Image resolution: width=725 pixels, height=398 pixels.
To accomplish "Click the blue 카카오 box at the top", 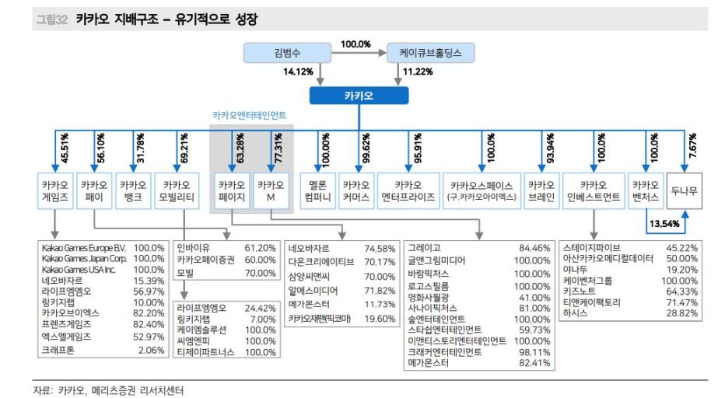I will coord(359,96).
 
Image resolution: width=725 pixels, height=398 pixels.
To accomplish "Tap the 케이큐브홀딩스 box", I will coord(431,53).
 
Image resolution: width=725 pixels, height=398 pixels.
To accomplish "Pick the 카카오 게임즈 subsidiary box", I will coord(54,190).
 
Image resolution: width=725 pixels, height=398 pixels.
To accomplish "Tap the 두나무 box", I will coord(685,190).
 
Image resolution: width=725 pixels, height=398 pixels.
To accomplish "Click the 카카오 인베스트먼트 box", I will coord(594,190).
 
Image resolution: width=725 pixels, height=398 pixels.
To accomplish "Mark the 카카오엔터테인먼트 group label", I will coord(249,115).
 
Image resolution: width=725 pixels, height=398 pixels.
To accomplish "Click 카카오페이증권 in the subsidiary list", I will coord(206,260).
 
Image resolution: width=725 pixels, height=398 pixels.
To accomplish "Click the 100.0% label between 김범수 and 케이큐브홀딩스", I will coord(355,44).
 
